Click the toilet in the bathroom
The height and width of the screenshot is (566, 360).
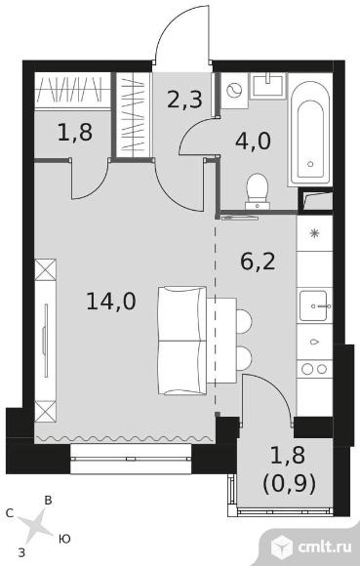click(x=258, y=188)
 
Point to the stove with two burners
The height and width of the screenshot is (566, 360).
click(x=314, y=370)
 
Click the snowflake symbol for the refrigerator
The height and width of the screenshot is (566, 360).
click(x=314, y=234)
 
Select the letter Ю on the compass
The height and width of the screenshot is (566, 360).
click(x=64, y=538)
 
